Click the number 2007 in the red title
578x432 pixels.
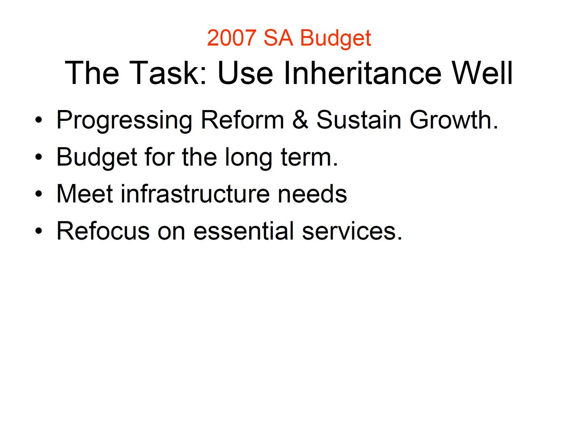pos(232,38)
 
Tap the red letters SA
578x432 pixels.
pos(278,38)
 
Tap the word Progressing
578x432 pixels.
pos(124,121)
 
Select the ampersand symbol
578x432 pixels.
pos(300,120)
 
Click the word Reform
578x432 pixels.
pos(242,120)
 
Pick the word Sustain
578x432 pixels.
pos(358,120)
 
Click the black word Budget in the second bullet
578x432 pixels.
pos(97,158)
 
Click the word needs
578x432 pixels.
pos(312,194)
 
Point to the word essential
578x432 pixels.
pos(243,231)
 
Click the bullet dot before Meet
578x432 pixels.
pos(38,194)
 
